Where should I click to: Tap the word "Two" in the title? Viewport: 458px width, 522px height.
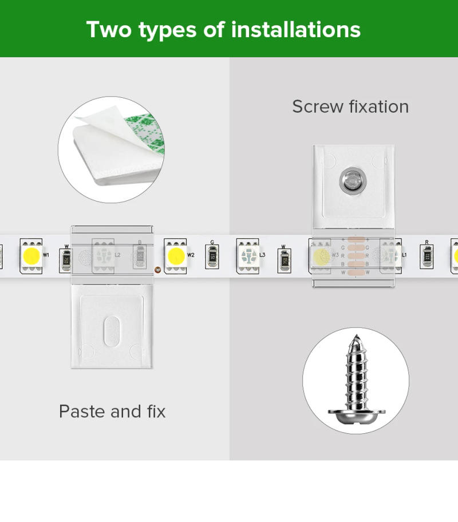(109, 29)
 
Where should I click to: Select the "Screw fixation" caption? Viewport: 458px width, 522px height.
(350, 106)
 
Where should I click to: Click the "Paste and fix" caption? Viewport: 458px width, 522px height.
(112, 411)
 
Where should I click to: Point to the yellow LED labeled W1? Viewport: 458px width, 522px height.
(30, 255)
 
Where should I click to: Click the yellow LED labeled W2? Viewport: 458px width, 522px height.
(175, 255)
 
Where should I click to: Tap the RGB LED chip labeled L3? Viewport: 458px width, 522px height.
(247, 255)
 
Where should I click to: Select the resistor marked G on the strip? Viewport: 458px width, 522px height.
(212, 257)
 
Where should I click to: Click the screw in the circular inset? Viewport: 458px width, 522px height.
(354, 381)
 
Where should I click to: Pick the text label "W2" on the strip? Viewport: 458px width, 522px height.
(191, 255)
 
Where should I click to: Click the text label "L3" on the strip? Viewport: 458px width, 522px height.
(262, 255)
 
